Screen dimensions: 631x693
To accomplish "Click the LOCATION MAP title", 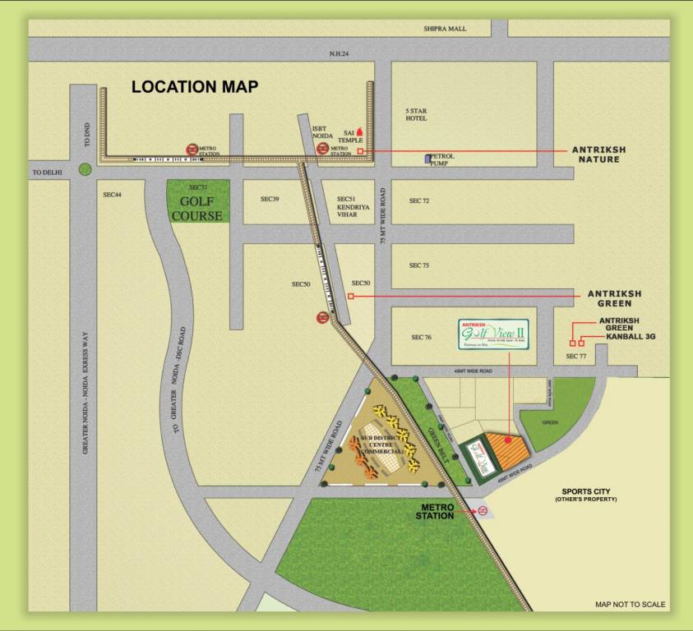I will (x=195, y=86).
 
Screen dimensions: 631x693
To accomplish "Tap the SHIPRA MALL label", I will (x=445, y=29).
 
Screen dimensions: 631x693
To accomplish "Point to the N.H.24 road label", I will (x=340, y=54).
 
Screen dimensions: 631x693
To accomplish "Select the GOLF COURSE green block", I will (x=199, y=202).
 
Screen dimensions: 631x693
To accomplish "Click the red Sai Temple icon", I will (x=359, y=130).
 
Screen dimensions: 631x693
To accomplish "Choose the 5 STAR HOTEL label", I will (x=416, y=114).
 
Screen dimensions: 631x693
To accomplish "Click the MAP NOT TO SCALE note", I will (x=631, y=605).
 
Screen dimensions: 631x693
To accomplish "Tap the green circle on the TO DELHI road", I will (x=85, y=169).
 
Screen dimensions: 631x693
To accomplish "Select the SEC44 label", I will (x=113, y=195).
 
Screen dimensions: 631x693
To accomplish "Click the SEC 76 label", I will (x=421, y=338).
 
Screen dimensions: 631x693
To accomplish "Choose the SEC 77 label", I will (x=576, y=357).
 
